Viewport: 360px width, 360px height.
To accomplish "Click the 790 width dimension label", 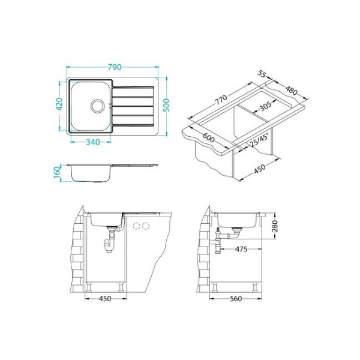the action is click(115, 67).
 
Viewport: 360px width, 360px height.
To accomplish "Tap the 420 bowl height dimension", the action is click(59, 104).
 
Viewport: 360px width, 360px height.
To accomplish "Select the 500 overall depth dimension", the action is click(166, 105).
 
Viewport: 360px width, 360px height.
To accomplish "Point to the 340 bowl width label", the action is click(93, 142).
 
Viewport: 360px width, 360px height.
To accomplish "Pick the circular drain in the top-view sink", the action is click(98, 106).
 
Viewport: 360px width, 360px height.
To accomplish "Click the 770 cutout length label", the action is click(220, 99).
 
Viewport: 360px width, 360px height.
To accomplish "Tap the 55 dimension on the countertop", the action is click(261, 74).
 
